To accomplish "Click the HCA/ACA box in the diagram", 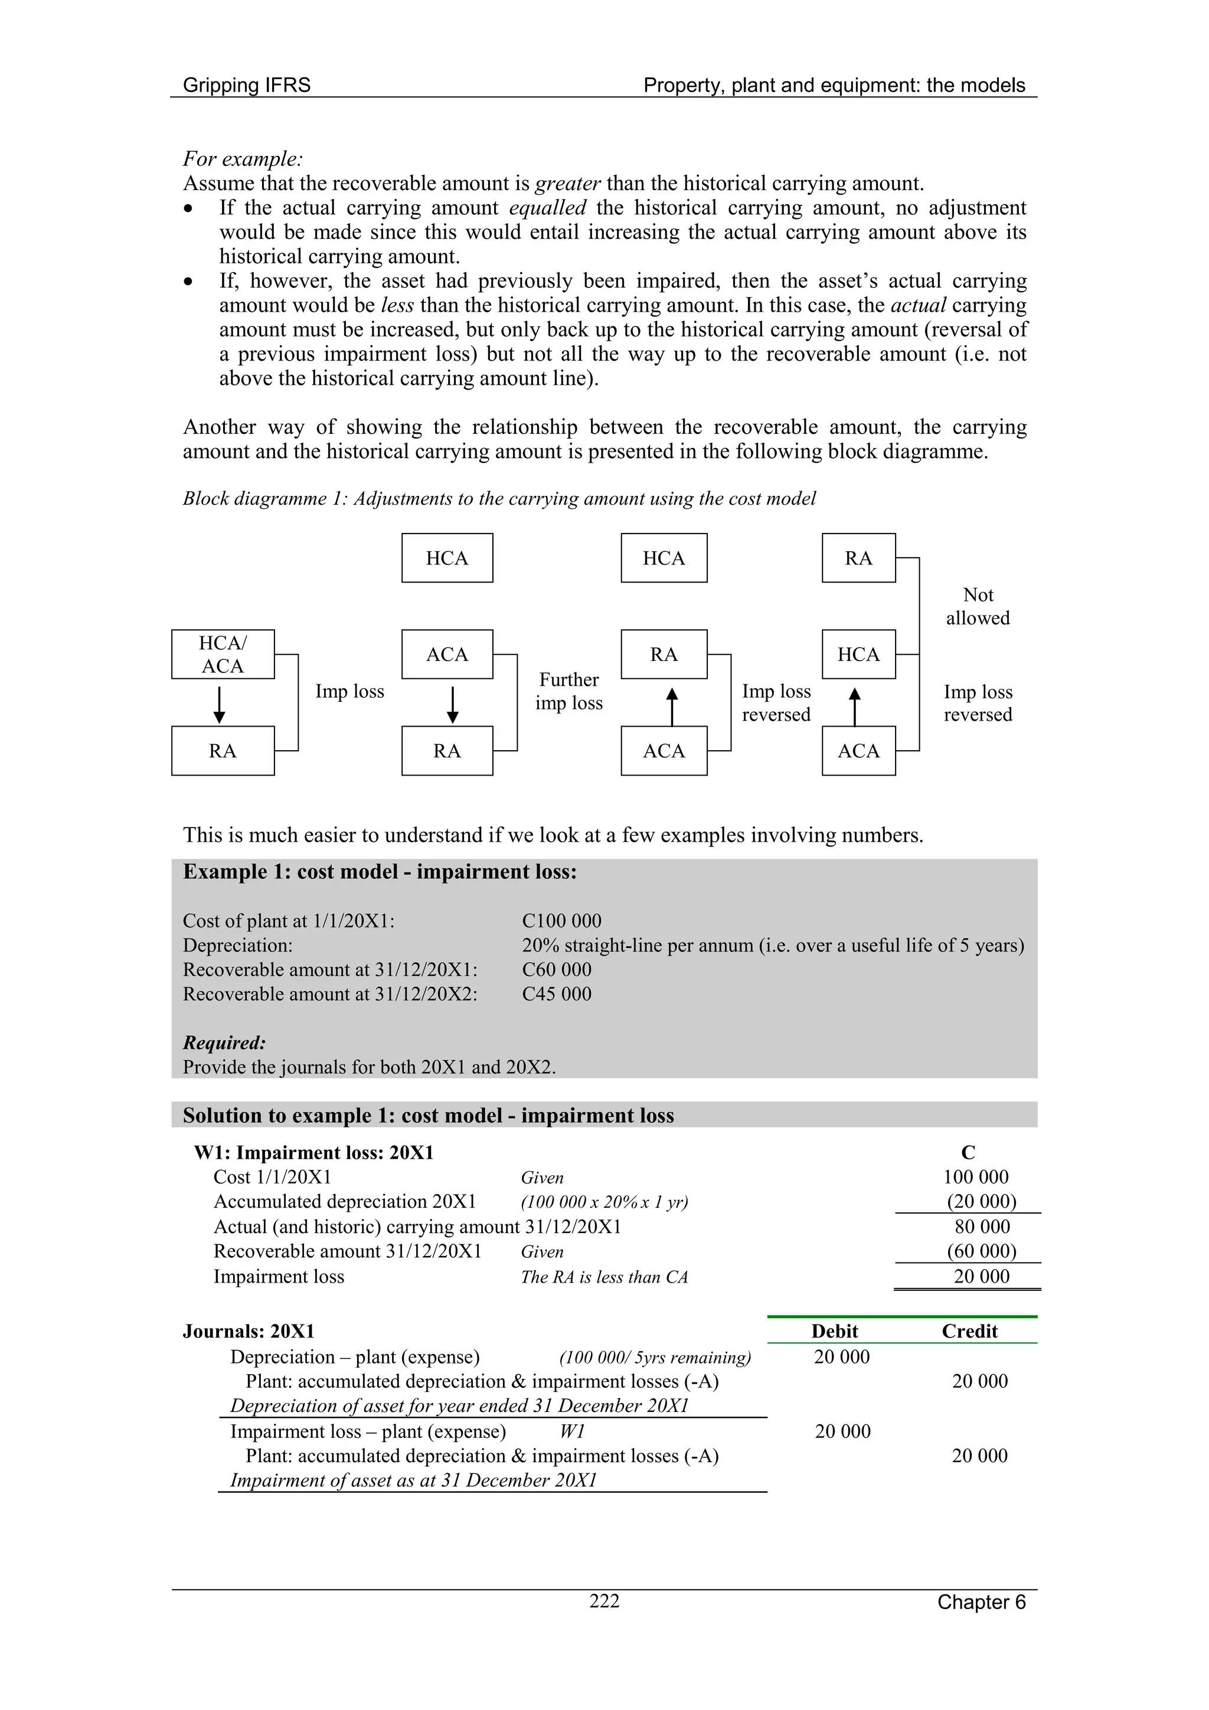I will pos(223,654).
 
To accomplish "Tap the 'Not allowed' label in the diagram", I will pos(978,606).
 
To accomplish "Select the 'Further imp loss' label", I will pos(568,691).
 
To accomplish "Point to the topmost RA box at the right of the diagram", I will pos(858,558).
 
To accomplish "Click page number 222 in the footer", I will pos(604,1601).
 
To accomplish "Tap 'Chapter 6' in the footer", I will pos(981,1602).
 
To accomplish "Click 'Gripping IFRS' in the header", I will pos(247,85).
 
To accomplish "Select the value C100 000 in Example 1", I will pos(561,921).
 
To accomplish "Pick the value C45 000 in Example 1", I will pos(557,993).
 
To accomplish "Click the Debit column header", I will pos(834,1331).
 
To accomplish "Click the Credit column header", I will pos(969,1331).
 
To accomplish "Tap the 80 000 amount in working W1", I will pos(982,1227).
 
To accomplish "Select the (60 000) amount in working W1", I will pos(981,1251).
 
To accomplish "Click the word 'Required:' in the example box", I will pos(224,1042).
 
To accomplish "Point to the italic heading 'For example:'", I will pos(243,159).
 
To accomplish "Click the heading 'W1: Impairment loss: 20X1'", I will pos(313,1153).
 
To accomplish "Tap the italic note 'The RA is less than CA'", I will pos(604,1277).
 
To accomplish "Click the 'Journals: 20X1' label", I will pos(249,1331).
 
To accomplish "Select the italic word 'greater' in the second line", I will pos(568,183).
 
